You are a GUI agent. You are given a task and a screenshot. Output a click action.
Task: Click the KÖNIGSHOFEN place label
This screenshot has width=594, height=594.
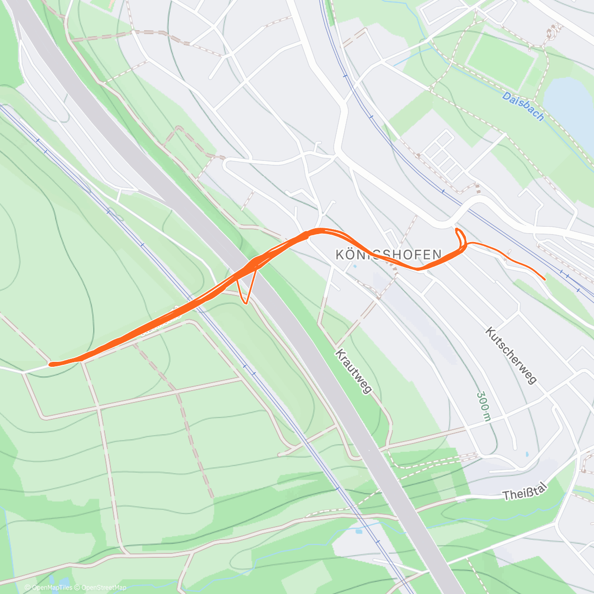click(389, 255)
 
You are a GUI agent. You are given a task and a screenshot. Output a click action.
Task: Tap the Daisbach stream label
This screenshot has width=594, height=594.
click(523, 106)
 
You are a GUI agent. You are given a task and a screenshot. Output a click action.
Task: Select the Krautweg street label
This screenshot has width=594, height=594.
click(353, 371)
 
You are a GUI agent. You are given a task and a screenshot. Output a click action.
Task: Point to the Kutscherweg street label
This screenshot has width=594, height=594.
click(511, 355)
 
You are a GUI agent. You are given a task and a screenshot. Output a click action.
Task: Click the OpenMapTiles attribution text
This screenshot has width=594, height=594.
click(49, 588)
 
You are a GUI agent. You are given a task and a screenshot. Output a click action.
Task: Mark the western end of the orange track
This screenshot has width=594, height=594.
click(51, 364)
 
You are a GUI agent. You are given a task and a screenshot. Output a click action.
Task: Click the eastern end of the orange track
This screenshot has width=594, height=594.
click(545, 280)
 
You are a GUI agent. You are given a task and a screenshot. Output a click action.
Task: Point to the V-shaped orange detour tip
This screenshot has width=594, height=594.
click(245, 302)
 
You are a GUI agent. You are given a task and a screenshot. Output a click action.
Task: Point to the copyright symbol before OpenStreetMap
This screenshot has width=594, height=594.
click(77, 588)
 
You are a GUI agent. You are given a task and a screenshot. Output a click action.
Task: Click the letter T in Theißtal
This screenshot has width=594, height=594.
click(506, 495)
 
